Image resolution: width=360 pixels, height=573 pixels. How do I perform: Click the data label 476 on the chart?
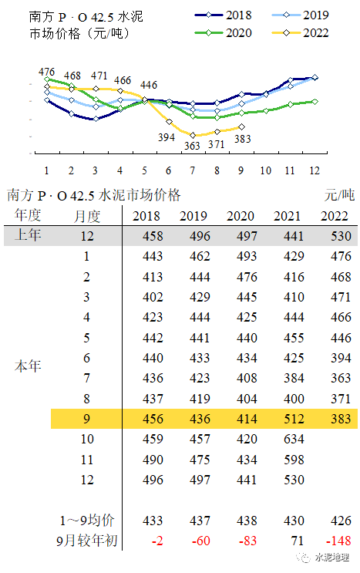tap(47, 72)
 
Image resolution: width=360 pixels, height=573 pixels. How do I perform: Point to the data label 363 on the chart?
tap(192, 146)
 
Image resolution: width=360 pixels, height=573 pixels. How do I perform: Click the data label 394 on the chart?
tap(167, 137)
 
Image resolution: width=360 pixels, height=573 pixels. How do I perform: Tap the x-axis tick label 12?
tap(315, 170)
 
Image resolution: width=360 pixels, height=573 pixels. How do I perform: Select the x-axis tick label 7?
tap(192, 170)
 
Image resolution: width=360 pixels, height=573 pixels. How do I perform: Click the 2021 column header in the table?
tap(288, 216)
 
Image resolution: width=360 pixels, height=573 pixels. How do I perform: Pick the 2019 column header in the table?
tap(193, 216)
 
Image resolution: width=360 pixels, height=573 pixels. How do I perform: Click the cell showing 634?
tap(288, 438)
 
